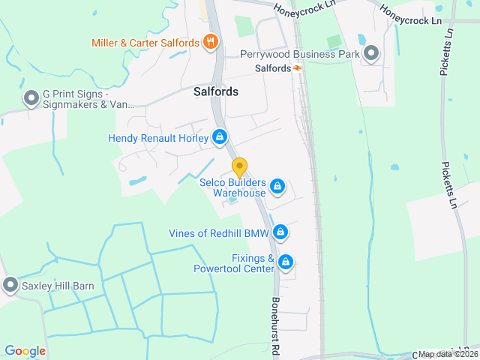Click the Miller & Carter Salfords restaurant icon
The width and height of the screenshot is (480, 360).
pyautogui.click(x=211, y=42)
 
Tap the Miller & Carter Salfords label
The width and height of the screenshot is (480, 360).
pyautogui.click(x=145, y=43)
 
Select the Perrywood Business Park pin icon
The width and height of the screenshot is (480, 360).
pyautogui.click(x=371, y=52)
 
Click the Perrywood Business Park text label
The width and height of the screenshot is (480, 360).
pyautogui.click(x=299, y=54)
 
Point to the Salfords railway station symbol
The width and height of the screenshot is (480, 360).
pyautogui.click(x=298, y=68)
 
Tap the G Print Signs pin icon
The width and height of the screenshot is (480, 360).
pyautogui.click(x=31, y=98)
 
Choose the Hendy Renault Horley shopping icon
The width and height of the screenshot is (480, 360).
pyautogui.click(x=220, y=137)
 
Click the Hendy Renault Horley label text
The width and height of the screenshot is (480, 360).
pyautogui.click(x=158, y=138)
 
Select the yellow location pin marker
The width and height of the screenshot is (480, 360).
pyautogui.click(x=239, y=167)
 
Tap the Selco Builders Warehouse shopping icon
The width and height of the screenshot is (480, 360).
pyautogui.click(x=277, y=185)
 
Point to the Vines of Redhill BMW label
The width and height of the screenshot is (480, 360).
pyautogui.click(x=218, y=232)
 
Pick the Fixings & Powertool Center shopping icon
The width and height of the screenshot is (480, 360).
pyautogui.click(x=285, y=262)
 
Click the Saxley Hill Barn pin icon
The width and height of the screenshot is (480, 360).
pyautogui.click(x=10, y=285)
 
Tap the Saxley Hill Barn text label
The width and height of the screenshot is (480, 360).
pyautogui.click(x=57, y=285)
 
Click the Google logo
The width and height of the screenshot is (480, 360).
pyautogui.click(x=25, y=350)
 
